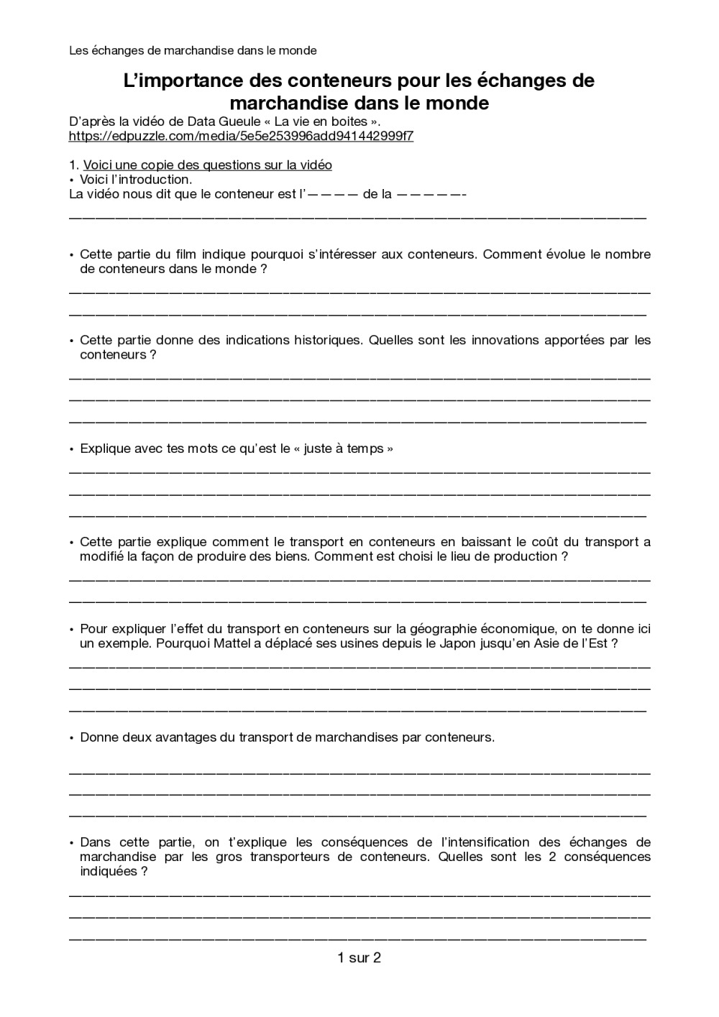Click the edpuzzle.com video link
[241, 136]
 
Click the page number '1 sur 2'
[359, 957]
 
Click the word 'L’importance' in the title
[180, 80]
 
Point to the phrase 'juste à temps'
[344, 448]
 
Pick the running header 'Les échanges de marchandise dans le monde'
[193, 50]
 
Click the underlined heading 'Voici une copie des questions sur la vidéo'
[207, 165]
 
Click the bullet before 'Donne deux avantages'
[72, 738]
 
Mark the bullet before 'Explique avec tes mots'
[72, 449]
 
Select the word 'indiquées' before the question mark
[108, 871]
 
